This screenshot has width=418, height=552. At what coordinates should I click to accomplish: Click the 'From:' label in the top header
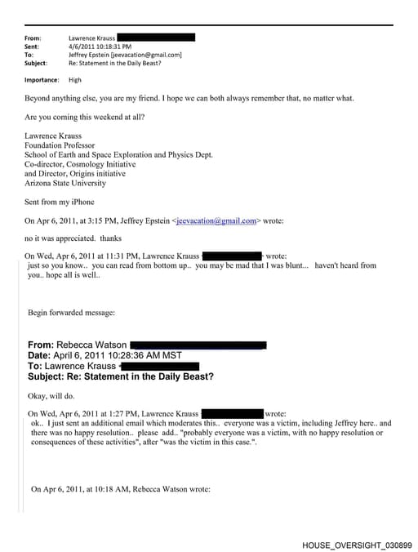(33, 38)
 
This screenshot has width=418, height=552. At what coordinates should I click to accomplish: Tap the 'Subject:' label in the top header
(36, 63)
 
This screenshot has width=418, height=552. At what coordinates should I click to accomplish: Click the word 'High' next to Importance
(75, 80)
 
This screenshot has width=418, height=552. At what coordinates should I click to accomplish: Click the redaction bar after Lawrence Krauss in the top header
(156, 38)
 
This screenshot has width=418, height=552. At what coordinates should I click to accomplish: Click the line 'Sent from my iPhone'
(60, 202)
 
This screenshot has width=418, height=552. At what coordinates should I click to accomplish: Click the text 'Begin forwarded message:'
(71, 312)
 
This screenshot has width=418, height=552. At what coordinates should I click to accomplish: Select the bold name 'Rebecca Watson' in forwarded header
(90, 345)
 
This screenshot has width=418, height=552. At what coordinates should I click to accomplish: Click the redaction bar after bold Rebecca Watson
(198, 345)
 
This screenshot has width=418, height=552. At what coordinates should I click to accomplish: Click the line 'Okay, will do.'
(54, 395)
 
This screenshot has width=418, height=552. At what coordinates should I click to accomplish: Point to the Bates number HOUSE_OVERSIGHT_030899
(357, 545)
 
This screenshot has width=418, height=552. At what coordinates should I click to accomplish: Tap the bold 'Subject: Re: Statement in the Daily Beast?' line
(121, 376)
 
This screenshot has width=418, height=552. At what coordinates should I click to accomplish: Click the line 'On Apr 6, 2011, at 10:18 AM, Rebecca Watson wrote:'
(121, 489)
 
